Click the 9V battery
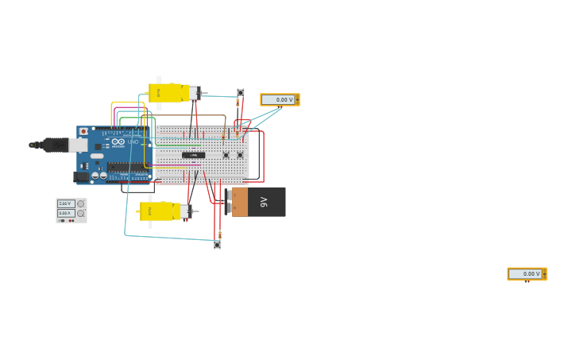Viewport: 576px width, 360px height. [259, 202]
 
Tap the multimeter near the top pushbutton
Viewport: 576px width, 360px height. [280, 99]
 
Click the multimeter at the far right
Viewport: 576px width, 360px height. [527, 273]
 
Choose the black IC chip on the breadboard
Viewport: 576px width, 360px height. [193, 155]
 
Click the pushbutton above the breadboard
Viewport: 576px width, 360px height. [241, 93]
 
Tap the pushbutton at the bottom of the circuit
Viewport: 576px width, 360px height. [217, 245]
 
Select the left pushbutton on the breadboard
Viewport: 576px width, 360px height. [226, 155]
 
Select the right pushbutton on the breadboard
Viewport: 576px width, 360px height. [240, 155]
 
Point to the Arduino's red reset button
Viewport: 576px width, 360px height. [83, 131]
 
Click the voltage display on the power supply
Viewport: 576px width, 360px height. [65, 203]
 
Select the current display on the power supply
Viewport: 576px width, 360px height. [65, 213]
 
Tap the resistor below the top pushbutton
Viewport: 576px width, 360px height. [238, 103]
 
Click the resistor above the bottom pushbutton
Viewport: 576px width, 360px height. [219, 234]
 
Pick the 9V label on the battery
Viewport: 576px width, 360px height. [265, 202]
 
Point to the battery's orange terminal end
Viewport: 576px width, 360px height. [239, 202]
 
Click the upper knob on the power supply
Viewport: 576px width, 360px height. [80, 203]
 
